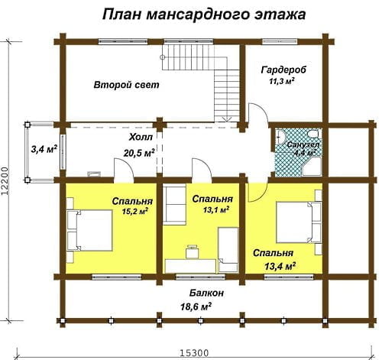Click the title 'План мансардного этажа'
click(204, 15)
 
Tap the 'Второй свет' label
click(126, 85)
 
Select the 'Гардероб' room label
click(283, 70)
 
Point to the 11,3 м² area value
click(282, 82)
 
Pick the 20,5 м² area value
click(139, 153)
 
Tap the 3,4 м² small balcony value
click(44, 149)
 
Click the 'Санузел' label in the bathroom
click(303, 144)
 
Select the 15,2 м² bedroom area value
click(135, 212)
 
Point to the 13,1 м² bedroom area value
click(216, 210)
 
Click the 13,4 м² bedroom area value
click(280, 266)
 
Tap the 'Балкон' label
click(206, 293)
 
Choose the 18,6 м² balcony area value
click(196, 306)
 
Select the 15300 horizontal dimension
click(194, 353)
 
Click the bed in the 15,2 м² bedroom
click(89, 231)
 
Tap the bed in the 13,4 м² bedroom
click(299, 222)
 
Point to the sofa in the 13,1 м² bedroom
click(174, 206)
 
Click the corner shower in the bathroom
click(312, 167)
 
